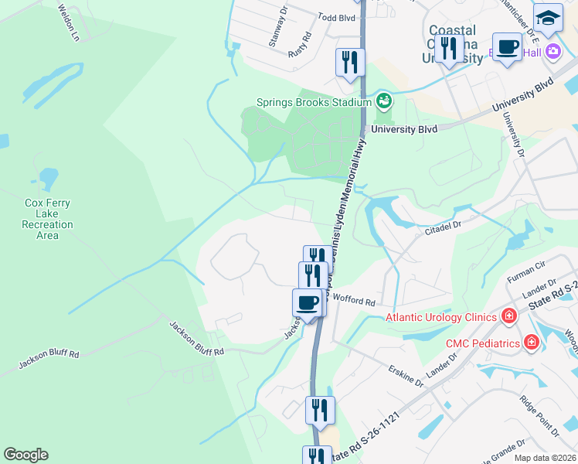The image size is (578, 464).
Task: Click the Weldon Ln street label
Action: pos(69,22)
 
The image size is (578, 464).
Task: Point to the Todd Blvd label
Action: pos(337,15)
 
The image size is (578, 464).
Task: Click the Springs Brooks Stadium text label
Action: pos(314,102)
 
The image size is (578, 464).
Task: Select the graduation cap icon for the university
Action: pos(548,18)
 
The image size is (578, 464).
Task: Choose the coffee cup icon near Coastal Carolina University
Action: pos(507,47)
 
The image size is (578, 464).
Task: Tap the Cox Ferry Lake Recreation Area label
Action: pos(47,219)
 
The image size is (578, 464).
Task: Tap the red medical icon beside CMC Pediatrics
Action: pos(531,342)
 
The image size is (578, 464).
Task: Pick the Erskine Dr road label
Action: pos(406,377)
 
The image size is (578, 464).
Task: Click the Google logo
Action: pos(25,455)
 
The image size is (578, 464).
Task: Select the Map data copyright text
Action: pos(545,458)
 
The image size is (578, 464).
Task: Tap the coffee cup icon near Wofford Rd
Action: pos(308,302)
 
